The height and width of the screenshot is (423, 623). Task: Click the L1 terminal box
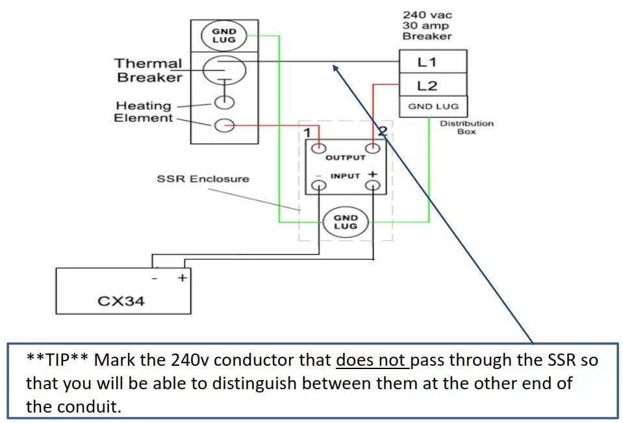click(x=433, y=63)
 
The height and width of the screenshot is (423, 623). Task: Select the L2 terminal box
click(x=433, y=85)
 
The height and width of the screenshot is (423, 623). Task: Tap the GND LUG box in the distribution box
click(x=433, y=107)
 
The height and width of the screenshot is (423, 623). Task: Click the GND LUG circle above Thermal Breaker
click(x=223, y=35)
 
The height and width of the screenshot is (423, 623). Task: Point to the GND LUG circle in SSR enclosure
click(x=345, y=222)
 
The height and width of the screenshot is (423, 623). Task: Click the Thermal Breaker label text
click(x=148, y=70)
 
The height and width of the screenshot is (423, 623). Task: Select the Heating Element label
click(x=144, y=111)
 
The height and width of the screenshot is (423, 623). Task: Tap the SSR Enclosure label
click(x=203, y=178)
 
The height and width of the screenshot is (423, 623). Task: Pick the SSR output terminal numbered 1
click(x=318, y=148)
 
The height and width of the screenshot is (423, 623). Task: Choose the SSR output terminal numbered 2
click(x=372, y=148)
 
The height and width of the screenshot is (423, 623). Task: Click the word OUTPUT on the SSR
click(x=345, y=157)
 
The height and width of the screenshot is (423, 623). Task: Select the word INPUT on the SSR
click(x=345, y=176)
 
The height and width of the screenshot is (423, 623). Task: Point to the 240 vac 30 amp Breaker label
click(x=427, y=25)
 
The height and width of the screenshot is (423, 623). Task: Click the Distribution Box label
click(x=466, y=127)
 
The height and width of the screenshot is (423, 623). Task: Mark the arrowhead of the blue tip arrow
click(x=336, y=66)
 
